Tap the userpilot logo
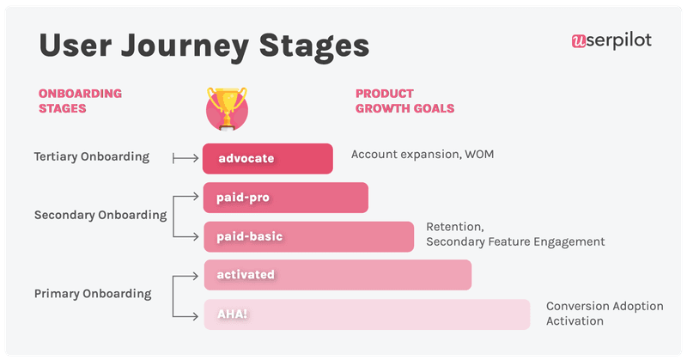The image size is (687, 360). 611,40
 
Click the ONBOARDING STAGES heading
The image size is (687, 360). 80,101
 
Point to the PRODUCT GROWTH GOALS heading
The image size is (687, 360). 404,101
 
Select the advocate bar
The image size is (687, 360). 268,158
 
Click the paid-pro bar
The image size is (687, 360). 285,198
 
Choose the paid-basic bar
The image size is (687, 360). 308,236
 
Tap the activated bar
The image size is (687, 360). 337,275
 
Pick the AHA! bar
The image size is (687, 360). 367,314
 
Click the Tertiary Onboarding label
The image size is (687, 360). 92,157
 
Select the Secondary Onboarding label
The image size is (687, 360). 100,216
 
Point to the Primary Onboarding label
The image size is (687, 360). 93,294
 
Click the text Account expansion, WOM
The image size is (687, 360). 423,155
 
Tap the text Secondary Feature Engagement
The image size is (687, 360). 515,242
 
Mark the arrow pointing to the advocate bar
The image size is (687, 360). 185,158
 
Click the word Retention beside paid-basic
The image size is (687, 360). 455,228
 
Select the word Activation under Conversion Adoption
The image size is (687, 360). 575,321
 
